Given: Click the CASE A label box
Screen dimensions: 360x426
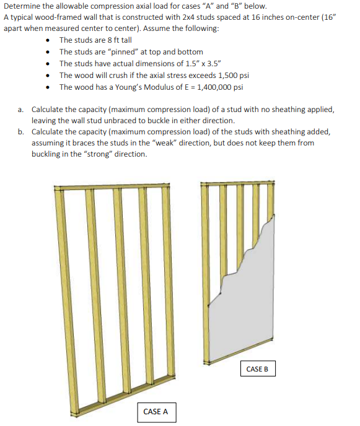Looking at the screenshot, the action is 156,411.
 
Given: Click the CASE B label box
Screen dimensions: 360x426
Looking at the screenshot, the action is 257,368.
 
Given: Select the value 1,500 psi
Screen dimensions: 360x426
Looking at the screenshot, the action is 230,75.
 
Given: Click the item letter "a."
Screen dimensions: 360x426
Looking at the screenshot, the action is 21,108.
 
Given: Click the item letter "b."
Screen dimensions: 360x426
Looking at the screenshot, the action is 21,131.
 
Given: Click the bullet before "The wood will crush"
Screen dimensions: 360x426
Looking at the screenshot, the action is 49,75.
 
